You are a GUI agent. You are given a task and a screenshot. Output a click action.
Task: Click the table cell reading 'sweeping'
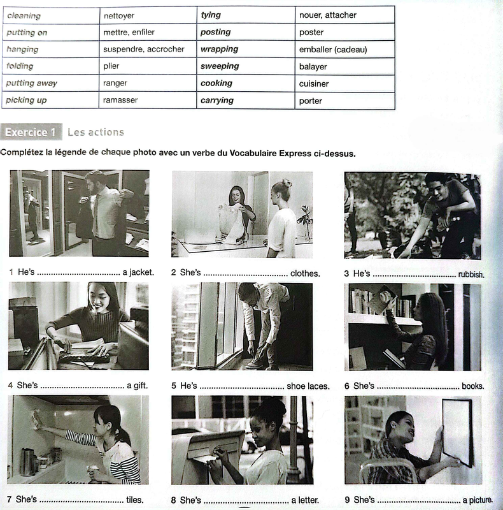[246, 66]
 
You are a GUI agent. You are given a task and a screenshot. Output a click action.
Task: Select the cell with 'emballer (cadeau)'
[344, 50]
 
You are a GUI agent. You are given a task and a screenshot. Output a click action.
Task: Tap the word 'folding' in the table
[20, 66]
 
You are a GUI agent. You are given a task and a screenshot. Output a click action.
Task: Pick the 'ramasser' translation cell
[148, 100]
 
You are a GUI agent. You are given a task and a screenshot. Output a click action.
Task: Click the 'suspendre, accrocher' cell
[148, 49]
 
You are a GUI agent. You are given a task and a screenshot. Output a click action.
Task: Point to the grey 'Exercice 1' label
[31, 132]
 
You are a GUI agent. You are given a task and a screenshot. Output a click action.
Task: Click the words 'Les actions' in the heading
[96, 132]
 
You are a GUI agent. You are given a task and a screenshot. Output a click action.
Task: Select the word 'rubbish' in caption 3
[471, 275]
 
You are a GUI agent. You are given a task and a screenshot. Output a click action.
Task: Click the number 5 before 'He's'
[174, 386]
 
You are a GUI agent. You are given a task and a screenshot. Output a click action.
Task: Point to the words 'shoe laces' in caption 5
[308, 386]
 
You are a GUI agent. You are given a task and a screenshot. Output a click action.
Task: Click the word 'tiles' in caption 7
[134, 500]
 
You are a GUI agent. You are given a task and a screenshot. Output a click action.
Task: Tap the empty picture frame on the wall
[458, 433]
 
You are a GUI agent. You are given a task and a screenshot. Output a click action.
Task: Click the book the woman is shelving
[382, 299]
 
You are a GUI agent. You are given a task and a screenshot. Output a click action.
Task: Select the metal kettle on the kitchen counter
[28, 462]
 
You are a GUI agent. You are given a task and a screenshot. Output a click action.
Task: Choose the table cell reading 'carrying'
[246, 100]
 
